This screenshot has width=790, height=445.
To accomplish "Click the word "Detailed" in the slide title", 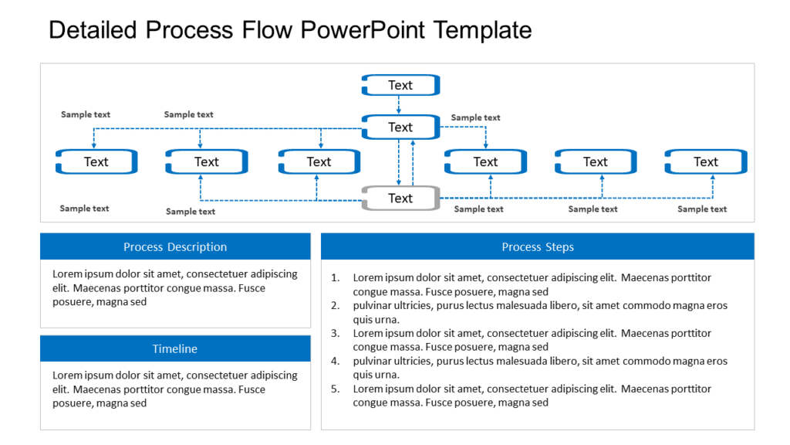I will pyautogui.click(x=93, y=30).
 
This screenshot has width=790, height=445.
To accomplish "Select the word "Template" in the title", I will pyautogui.click(x=483, y=30).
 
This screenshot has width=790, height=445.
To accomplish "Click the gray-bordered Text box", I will pyautogui.click(x=400, y=199).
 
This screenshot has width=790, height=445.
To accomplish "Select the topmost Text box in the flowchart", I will pyautogui.click(x=400, y=85).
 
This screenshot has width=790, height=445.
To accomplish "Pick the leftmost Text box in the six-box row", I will pyautogui.click(x=96, y=161).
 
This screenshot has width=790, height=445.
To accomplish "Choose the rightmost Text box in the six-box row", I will pyautogui.click(x=706, y=161).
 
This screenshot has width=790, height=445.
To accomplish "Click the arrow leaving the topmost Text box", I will pyautogui.click(x=399, y=104).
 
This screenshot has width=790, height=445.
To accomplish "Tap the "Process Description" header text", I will pyautogui.click(x=175, y=247).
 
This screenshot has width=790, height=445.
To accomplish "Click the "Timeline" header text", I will pyautogui.click(x=175, y=349).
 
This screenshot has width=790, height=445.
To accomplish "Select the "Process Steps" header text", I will pyautogui.click(x=538, y=247).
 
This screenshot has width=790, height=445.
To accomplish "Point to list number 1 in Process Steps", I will pyautogui.click(x=335, y=277).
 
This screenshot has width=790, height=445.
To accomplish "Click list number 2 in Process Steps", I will pyautogui.click(x=335, y=305).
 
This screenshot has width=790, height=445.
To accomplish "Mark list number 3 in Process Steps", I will pyautogui.click(x=335, y=333).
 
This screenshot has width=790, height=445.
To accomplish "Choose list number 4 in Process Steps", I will pyautogui.click(x=335, y=361).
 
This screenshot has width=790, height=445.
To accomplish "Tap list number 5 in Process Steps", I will pyautogui.click(x=335, y=389).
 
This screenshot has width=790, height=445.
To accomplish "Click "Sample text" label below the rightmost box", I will pyautogui.click(x=702, y=209).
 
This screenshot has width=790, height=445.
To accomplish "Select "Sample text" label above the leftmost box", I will pyautogui.click(x=86, y=114).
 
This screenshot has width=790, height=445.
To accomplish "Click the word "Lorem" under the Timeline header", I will pyautogui.click(x=67, y=375).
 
